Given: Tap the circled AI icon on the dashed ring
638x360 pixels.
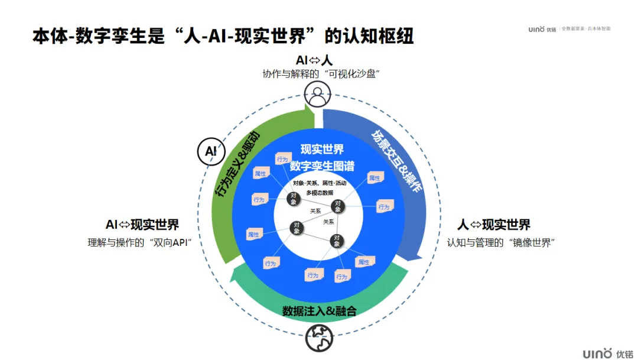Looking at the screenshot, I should (x=210, y=151).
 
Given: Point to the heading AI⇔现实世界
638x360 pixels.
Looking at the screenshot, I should (x=142, y=225).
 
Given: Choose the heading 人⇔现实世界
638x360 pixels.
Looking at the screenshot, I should (x=494, y=225).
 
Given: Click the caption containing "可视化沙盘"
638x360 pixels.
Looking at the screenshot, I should (x=320, y=74).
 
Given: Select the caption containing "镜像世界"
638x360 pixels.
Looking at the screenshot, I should (x=502, y=242).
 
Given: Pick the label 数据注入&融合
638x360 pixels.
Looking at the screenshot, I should (x=319, y=311).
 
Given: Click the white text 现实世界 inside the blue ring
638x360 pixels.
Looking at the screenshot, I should (x=322, y=149).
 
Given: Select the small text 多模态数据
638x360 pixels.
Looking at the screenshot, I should (x=320, y=193).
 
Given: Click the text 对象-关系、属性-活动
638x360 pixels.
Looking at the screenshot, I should (x=320, y=183).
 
